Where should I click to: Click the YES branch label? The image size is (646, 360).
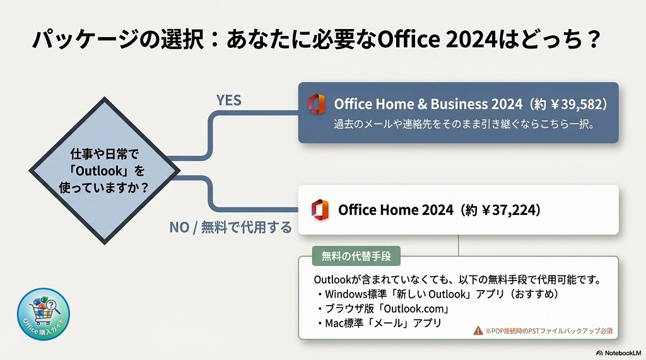pyautogui.click(x=229, y=101)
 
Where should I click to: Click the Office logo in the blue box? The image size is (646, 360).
pyautogui.click(x=317, y=104)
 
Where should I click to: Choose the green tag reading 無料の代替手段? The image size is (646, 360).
pyautogui.click(x=356, y=256)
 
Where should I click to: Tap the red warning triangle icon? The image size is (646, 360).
pyautogui.click(x=478, y=330)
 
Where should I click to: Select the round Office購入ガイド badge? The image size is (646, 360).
pyautogui.click(x=44, y=313)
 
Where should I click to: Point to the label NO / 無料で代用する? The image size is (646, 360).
pyautogui.click(x=230, y=228)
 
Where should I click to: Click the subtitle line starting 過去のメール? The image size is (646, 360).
pyautogui.click(x=464, y=124)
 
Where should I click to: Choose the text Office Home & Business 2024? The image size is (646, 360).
pyautogui.click(x=428, y=103)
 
